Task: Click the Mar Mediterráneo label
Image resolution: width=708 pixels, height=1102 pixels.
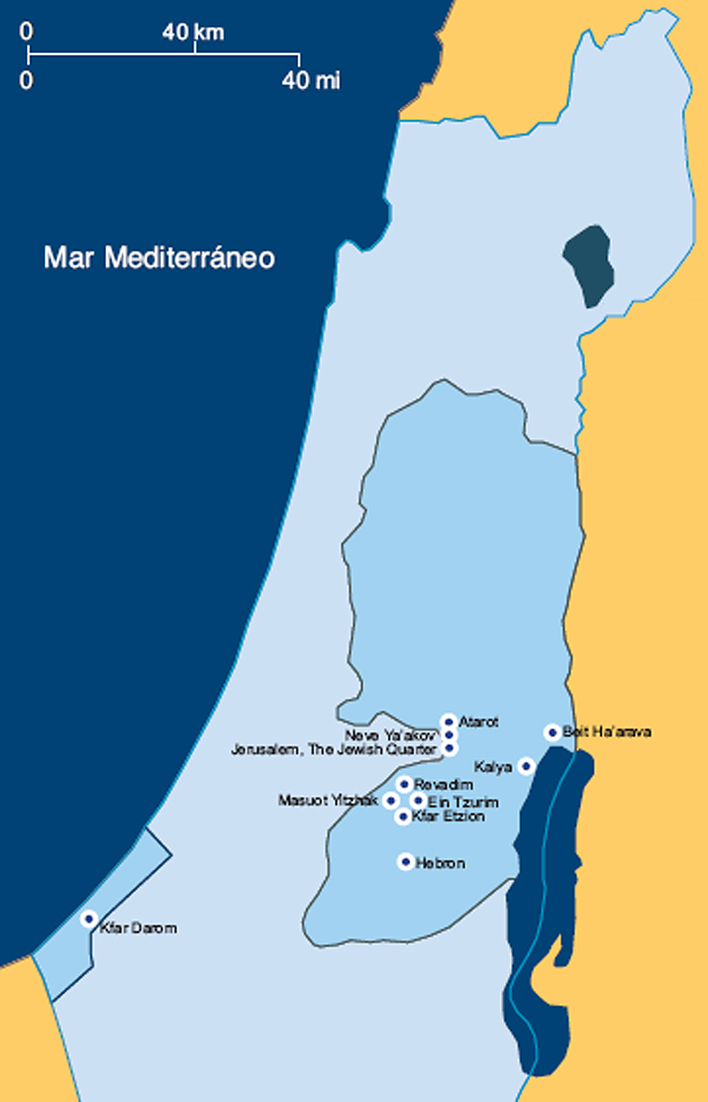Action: pyautogui.click(x=159, y=258)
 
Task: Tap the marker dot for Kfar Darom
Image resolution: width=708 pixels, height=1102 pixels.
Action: pyautogui.click(x=88, y=918)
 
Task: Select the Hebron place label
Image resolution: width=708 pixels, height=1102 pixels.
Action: pyautogui.click(x=441, y=863)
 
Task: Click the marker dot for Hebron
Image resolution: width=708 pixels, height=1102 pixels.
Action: pyautogui.click(x=406, y=862)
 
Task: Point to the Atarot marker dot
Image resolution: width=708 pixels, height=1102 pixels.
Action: pyautogui.click(x=448, y=721)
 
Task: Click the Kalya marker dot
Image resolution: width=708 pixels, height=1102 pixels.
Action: pyautogui.click(x=526, y=766)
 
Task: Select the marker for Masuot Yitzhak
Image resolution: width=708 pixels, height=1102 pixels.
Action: pyautogui.click(x=390, y=800)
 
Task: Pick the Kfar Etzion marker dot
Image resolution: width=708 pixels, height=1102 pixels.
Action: pyautogui.click(x=403, y=817)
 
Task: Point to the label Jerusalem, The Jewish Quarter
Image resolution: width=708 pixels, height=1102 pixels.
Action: pyautogui.click(x=334, y=749)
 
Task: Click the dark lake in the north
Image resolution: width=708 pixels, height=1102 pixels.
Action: pyautogui.click(x=587, y=266)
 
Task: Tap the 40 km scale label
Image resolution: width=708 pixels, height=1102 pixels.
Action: pyautogui.click(x=193, y=33)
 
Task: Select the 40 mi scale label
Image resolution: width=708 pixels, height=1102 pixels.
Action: pyautogui.click(x=311, y=81)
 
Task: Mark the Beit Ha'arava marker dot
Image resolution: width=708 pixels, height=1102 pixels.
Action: pyautogui.click(x=552, y=732)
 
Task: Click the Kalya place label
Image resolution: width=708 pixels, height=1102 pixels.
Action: pyautogui.click(x=492, y=767)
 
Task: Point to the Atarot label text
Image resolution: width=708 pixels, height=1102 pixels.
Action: pyautogui.click(x=479, y=722)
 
